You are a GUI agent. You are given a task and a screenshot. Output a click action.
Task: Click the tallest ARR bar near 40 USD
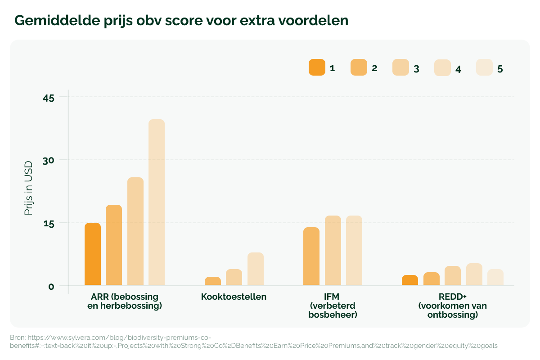(x=157, y=202)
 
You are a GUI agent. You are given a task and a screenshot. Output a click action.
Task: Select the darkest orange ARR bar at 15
(x=93, y=254)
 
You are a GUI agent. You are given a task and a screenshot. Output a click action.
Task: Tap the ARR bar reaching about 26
(x=135, y=231)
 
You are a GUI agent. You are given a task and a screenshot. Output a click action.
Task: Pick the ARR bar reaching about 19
(x=114, y=245)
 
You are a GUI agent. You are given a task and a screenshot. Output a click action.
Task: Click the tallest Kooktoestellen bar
(x=256, y=269)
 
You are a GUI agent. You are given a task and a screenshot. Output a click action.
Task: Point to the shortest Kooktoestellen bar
(x=213, y=281)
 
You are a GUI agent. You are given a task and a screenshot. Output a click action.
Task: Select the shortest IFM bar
(x=311, y=256)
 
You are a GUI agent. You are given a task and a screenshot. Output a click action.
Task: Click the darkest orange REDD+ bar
(x=410, y=280)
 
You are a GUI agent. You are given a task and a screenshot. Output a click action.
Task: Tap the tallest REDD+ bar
(x=474, y=274)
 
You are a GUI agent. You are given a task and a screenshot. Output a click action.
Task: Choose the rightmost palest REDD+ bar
(x=495, y=277)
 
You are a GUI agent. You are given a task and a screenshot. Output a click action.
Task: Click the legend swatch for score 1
(x=317, y=67)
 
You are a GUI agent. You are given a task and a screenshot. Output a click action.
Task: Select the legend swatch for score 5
(x=484, y=67)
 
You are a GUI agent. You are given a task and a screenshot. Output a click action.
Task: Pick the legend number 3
(x=416, y=69)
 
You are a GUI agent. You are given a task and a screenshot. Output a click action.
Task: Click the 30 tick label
(x=48, y=160)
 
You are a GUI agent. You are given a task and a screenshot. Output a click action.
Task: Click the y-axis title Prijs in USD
(x=29, y=188)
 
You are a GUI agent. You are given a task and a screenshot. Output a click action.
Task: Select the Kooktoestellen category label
(x=234, y=297)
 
